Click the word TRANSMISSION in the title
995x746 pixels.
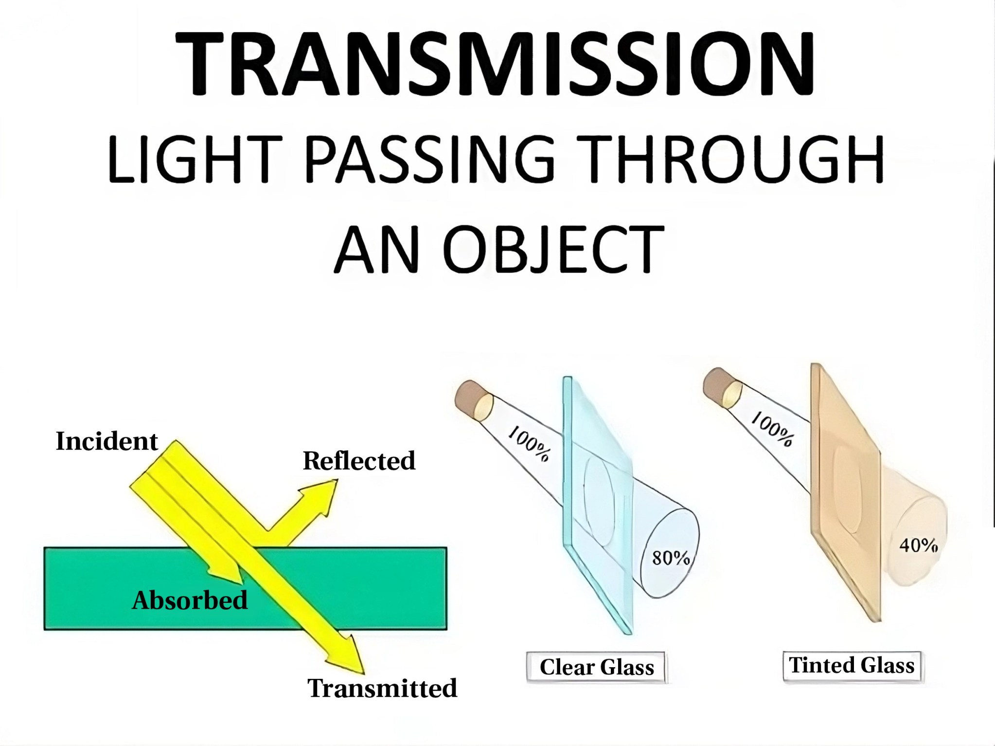[x=495, y=63]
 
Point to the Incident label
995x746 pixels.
[x=107, y=441]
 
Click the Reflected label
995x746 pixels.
[x=359, y=460]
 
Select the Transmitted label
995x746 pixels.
[x=382, y=688]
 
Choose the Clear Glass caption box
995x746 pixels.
[x=596, y=667]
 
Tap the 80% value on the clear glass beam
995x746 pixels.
[x=671, y=558]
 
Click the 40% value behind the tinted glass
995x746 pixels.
[x=918, y=545]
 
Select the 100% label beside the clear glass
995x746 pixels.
[x=529, y=443]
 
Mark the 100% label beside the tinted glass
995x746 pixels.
[x=772, y=428]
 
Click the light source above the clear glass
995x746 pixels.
[x=474, y=400]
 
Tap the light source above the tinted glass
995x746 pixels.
[x=723, y=387]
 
